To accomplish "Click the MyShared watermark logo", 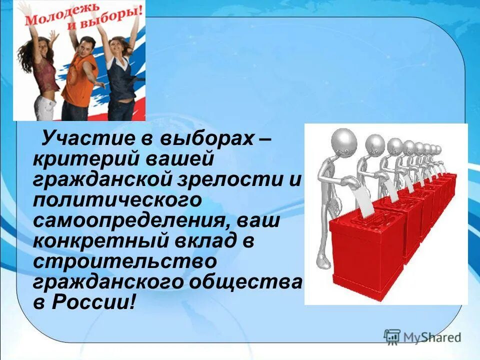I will click(x=422, y=336).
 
